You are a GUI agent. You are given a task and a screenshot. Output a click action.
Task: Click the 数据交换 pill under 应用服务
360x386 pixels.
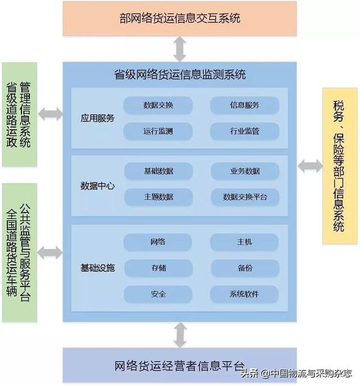coord(158,106)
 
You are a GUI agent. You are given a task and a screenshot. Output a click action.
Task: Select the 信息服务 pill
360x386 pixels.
coord(245,106)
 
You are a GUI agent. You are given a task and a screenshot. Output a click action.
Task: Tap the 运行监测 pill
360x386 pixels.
coord(158,131)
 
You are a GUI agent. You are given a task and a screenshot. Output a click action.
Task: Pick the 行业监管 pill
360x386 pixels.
coord(245,131)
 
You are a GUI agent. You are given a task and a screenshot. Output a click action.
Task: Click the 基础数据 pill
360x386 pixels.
coord(158,171)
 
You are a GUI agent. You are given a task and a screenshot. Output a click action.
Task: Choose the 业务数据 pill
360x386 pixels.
coord(245,171)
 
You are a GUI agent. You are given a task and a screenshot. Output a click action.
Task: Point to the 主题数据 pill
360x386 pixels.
coord(158,197)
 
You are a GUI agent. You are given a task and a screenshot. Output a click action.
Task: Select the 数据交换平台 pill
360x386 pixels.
coord(245,197)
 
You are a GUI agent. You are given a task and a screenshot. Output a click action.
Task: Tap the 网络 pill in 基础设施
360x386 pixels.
coord(158,242)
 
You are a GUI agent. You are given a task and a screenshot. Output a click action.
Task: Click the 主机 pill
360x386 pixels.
coord(244,242)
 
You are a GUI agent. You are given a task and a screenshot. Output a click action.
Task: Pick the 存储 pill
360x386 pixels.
coord(158,268)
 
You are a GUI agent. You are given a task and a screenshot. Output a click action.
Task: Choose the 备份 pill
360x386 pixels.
coord(245,268)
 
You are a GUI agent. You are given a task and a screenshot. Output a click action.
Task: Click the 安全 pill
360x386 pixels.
coord(158,294)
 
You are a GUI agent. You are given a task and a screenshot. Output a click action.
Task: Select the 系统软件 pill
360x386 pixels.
coord(244,294)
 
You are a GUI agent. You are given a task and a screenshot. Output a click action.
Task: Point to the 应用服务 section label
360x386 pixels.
coord(98,118)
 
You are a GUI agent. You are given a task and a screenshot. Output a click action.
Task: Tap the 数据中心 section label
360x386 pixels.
coord(98,186)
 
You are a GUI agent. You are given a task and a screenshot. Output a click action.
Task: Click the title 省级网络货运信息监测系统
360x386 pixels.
coord(180,74)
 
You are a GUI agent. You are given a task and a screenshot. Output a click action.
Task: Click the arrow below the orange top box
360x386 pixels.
coord(179,49)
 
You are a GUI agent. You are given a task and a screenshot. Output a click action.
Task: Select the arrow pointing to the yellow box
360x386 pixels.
coord(310,166)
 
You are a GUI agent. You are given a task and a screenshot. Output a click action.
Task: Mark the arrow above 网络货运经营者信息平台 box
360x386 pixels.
coord(180,335)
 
